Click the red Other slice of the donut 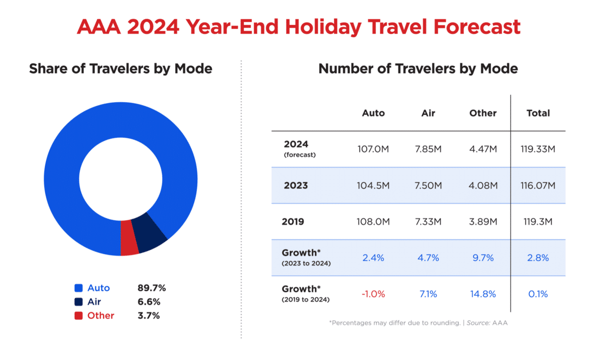tap(129, 238)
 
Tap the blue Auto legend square tap(79, 288)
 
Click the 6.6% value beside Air tap(149, 302)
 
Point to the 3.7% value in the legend tap(149, 315)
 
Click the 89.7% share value tap(152, 288)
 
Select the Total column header tap(538, 113)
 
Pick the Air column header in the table tap(428, 113)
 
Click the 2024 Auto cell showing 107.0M tap(373, 149)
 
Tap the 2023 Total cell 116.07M tap(538, 185)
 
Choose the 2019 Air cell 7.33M tap(428, 221)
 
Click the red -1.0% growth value tap(373, 294)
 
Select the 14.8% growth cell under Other tap(483, 294)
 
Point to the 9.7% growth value tap(483, 258)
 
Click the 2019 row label tap(293, 221)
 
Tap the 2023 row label tap(296, 185)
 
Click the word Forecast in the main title tap(477, 27)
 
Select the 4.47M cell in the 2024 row tap(483, 149)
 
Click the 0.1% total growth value tap(538, 294)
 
